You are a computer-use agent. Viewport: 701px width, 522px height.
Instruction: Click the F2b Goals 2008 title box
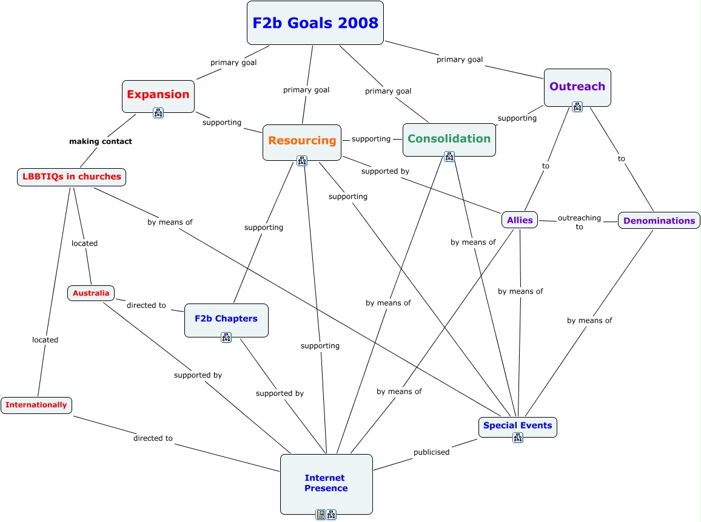[x=315, y=23]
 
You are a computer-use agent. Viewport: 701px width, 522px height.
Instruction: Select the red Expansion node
[x=158, y=94]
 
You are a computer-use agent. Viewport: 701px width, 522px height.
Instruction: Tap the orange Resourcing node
[x=302, y=140]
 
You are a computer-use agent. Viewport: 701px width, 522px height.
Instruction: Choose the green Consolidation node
[x=449, y=138]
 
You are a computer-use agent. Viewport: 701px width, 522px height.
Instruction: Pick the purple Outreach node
[x=577, y=86]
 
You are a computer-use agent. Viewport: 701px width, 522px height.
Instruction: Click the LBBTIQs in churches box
[x=72, y=177]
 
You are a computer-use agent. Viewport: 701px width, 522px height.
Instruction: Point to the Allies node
[x=520, y=220]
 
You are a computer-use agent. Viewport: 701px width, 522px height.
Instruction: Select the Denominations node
[x=659, y=220]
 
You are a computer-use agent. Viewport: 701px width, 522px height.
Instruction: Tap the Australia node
[x=91, y=293]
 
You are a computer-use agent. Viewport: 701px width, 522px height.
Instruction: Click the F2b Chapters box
[x=226, y=318]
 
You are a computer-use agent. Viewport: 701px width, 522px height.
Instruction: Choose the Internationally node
[x=36, y=405]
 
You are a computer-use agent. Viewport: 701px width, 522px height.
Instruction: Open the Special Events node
[x=517, y=425]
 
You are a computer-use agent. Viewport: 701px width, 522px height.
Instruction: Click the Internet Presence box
[x=326, y=483]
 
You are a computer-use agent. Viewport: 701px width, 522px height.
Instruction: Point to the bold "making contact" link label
[x=101, y=141]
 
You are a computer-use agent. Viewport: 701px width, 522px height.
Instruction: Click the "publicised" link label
[x=431, y=452]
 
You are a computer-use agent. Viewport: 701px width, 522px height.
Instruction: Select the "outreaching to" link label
[x=579, y=222]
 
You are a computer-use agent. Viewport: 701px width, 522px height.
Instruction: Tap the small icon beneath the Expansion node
[x=158, y=112]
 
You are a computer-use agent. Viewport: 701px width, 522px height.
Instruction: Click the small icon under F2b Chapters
[x=226, y=337]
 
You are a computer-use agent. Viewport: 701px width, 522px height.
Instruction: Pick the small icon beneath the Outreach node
[x=577, y=107]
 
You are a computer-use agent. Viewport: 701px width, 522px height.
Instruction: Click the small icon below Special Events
[x=518, y=438]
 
